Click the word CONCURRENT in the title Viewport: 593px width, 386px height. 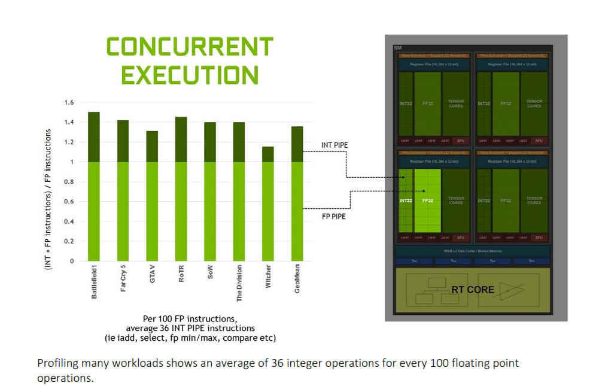189,47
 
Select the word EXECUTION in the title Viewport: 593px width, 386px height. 189,75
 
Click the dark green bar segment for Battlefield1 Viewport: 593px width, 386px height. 93,137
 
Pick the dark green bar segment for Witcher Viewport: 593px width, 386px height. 267,154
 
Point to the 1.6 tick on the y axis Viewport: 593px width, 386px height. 69,103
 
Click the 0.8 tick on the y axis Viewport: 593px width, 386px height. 69,182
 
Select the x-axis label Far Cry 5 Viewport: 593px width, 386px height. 123,279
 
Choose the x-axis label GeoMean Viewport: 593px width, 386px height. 297,279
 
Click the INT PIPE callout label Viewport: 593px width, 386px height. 334,145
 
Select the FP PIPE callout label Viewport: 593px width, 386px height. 333,216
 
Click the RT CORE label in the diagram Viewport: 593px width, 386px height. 473,290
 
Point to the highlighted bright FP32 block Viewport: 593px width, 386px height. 427,200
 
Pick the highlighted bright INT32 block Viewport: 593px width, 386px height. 406,200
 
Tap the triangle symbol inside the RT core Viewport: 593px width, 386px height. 509,290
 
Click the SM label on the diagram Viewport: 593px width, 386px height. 397,48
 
